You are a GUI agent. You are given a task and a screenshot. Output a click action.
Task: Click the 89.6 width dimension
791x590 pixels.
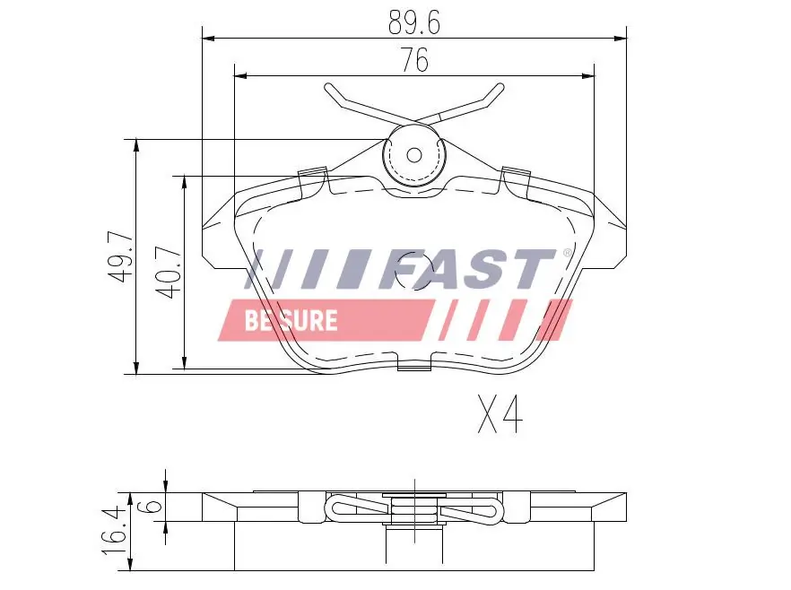(414, 20)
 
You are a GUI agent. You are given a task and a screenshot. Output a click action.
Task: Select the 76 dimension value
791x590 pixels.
(414, 60)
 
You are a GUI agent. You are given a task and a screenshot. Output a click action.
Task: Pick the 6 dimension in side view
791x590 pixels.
(153, 507)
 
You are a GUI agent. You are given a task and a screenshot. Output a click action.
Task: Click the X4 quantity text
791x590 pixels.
(499, 414)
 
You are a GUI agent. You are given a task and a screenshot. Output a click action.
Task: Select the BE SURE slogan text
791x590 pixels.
(291, 320)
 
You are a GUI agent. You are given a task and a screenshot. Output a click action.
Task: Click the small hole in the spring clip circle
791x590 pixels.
(413, 154)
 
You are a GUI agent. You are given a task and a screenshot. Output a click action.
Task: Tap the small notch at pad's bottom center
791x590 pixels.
(413, 365)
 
